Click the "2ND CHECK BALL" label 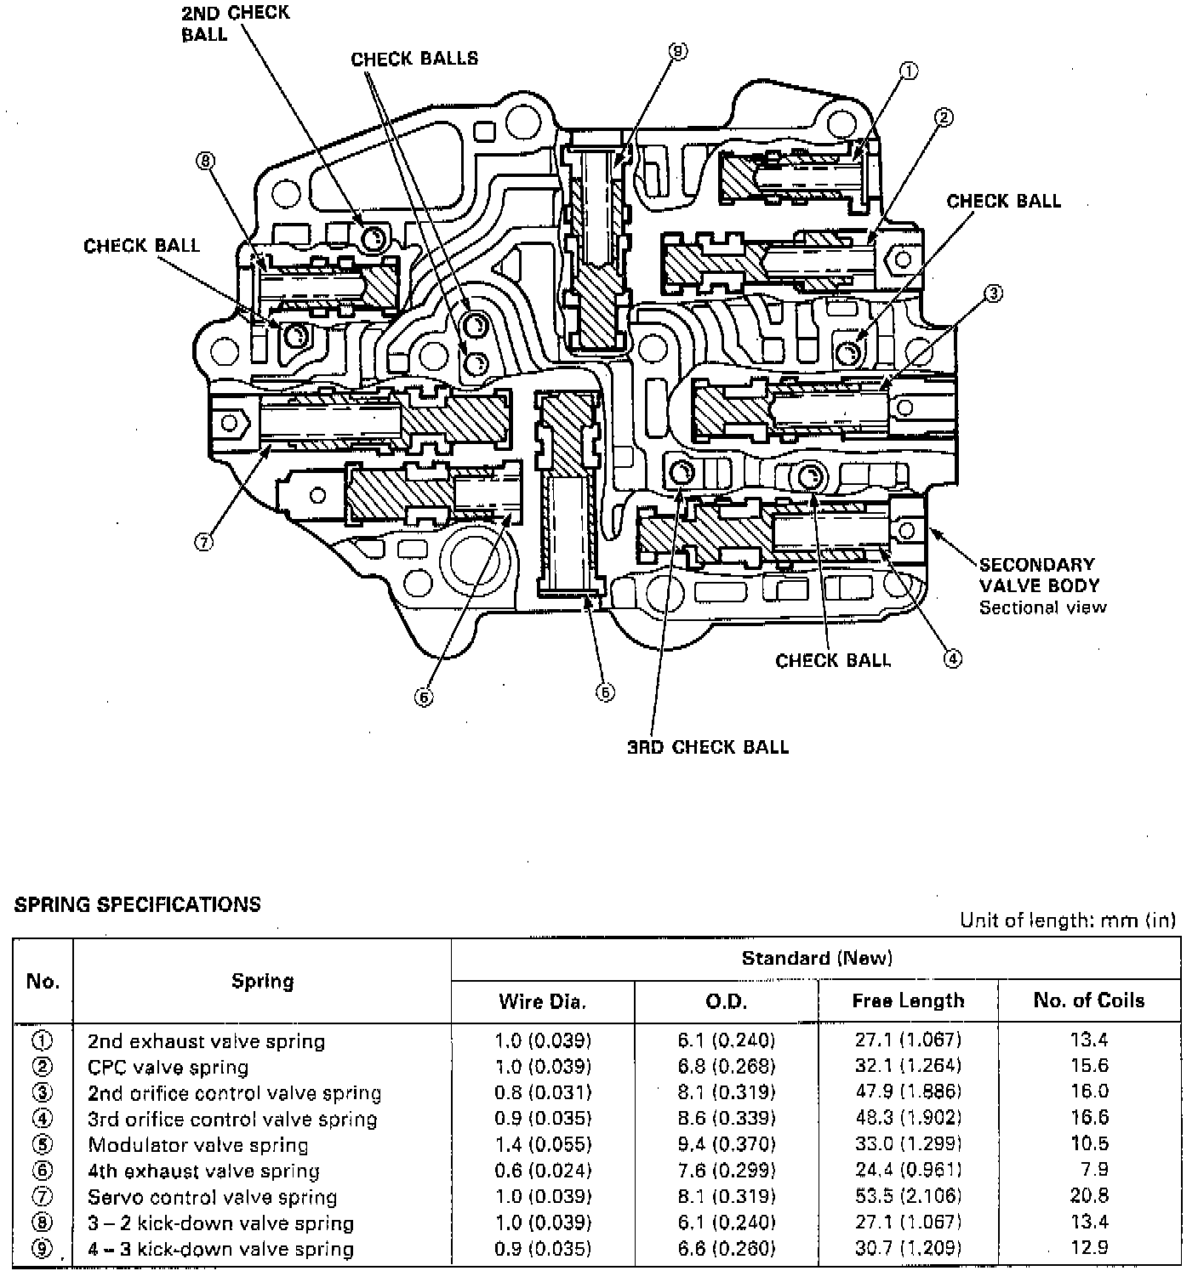235,23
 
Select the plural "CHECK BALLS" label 414,59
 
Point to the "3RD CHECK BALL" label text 708,747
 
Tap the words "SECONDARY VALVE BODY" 1039,574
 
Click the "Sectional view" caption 1042,607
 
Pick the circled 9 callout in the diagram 677,52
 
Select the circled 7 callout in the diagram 203,542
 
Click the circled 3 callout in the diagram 992,294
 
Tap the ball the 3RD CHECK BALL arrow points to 682,473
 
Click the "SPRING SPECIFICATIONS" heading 138,904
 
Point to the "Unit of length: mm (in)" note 1068,920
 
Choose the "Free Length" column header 908,1000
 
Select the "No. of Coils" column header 1088,1000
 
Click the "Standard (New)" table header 816,959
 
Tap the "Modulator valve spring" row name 198,1145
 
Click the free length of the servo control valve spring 908,1197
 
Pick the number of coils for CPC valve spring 1089,1066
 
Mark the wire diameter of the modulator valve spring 543,1145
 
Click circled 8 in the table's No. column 43,1223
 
